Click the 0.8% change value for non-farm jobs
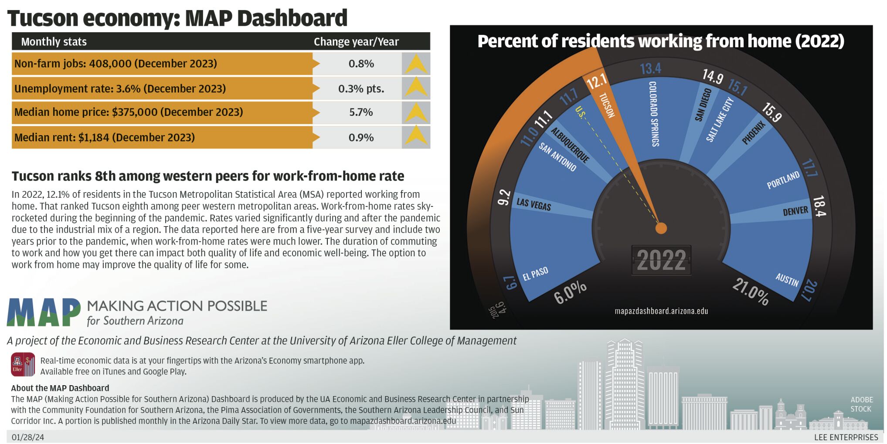361,64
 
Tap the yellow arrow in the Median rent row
416,137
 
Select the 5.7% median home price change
361,112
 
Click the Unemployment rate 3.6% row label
120,88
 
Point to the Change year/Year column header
356,42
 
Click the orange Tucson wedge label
606,105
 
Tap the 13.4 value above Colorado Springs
650,68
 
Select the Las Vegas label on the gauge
534,204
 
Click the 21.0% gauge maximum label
751,291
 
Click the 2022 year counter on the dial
661,261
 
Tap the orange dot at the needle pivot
661,228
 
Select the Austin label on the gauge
787,279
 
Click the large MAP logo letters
44,312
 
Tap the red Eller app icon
23,365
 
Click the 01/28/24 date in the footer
28,437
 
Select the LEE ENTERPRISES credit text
846,437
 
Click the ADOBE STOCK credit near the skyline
861,404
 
